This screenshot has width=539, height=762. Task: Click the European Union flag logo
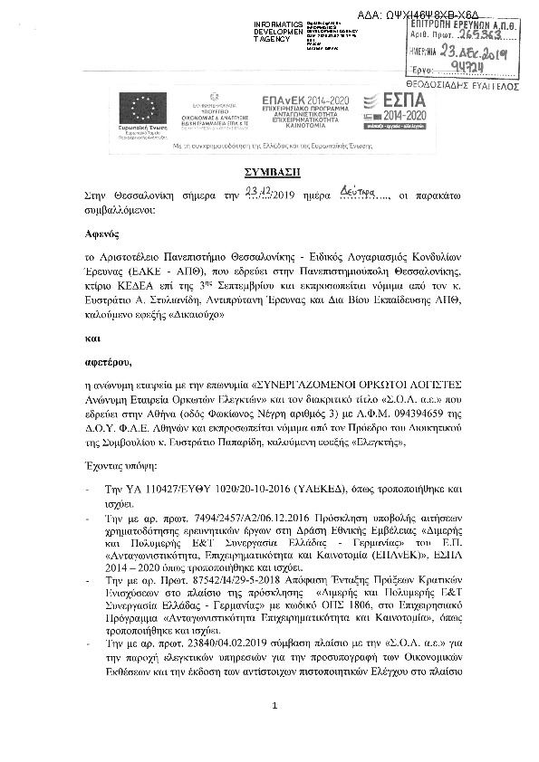pos(138,112)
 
